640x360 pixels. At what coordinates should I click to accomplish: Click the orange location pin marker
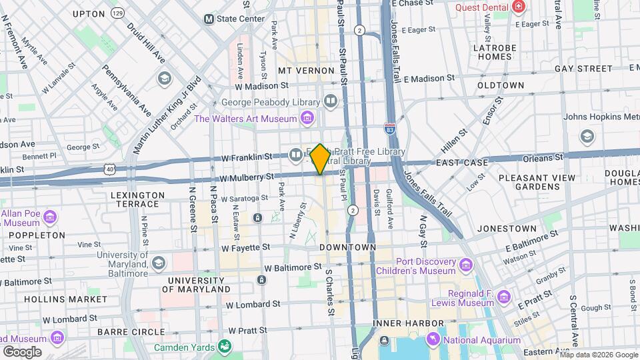coord(320,159)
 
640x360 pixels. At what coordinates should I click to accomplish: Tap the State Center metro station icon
coord(209,19)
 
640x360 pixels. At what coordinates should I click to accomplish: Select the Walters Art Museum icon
coord(307,119)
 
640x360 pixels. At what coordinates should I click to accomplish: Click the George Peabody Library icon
coord(331,101)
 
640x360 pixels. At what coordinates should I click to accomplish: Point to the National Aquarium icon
coord(433,340)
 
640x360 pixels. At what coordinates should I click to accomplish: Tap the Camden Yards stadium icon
coord(225,347)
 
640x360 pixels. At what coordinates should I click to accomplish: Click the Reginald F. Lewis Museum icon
coord(503,297)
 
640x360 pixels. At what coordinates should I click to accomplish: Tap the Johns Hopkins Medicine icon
coord(587,137)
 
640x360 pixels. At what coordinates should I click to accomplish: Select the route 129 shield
coord(118,13)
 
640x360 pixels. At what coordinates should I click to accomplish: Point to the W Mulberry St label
coord(247,177)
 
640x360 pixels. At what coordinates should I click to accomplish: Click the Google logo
coord(22,351)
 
